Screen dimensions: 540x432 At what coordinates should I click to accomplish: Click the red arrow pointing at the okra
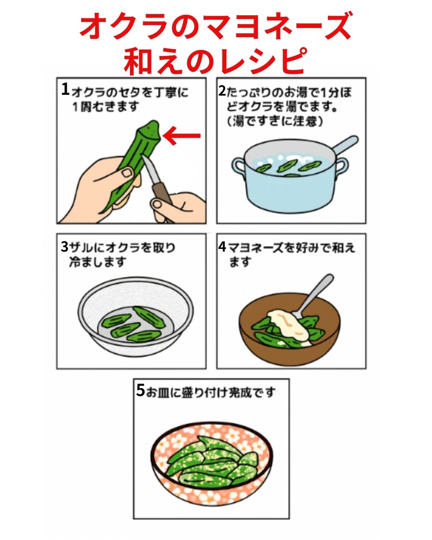pyautogui.click(x=182, y=136)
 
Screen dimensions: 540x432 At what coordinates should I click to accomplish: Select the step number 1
pyautogui.click(x=65, y=90)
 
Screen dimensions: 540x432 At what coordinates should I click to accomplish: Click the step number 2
pyautogui.click(x=222, y=91)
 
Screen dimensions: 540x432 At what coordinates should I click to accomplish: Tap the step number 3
pyautogui.click(x=65, y=247)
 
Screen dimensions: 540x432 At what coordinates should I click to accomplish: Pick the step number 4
pyautogui.click(x=222, y=247)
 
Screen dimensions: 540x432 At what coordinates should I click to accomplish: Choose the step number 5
pyautogui.click(x=140, y=390)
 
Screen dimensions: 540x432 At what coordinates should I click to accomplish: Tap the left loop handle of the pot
pyautogui.click(x=238, y=166)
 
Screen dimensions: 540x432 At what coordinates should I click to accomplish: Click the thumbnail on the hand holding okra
pyautogui.click(x=127, y=172)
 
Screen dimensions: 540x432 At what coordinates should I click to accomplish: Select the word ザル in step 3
pyautogui.click(x=78, y=248)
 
